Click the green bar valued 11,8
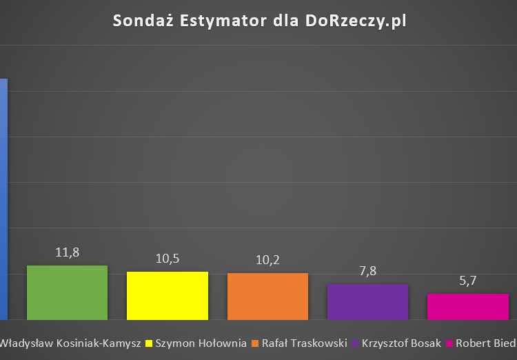(67, 292)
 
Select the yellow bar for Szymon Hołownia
(168, 295)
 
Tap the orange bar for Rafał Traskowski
(267, 296)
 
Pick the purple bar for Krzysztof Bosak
(367, 301)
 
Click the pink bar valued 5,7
(468, 306)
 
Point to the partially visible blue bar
(3, 200)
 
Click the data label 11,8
(67, 252)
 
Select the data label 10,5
(168, 259)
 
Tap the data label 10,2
(267, 260)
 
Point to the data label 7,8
(367, 271)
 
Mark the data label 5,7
(468, 281)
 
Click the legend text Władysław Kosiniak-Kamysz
(70, 343)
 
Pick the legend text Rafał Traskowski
(304, 343)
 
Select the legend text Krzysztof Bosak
(401, 343)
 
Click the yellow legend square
(149, 343)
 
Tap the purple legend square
(355, 343)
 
